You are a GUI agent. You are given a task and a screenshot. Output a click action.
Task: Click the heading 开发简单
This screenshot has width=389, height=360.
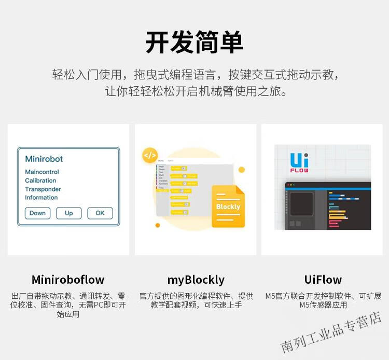[x=195, y=43]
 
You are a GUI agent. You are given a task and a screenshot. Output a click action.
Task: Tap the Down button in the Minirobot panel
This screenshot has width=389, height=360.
[x=37, y=213]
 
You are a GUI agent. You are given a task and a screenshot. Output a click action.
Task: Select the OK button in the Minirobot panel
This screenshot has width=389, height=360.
[x=100, y=213]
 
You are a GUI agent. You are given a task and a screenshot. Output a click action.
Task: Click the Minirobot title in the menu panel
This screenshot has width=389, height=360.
[x=44, y=159]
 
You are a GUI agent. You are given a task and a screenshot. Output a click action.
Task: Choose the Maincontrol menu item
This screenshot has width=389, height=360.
[x=42, y=172]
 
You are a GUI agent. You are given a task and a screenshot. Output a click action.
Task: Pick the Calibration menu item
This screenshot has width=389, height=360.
[x=40, y=181]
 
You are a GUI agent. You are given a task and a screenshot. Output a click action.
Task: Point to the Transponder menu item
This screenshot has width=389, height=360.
[x=43, y=189]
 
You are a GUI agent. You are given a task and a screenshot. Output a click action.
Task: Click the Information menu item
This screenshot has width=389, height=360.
[x=41, y=198]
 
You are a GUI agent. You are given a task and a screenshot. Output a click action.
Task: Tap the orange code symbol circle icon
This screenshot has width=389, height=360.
[x=150, y=155]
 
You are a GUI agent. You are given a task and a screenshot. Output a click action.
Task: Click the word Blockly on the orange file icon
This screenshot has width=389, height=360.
[x=228, y=207]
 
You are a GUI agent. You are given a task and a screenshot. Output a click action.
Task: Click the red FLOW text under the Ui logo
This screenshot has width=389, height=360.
[x=299, y=170]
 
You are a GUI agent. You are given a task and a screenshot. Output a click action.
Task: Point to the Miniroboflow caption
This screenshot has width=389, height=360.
[x=68, y=280]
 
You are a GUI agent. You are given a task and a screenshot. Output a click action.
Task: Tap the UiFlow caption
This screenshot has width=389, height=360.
[x=323, y=280]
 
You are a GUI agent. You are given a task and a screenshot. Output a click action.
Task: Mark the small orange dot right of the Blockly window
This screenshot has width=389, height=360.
[x=241, y=170]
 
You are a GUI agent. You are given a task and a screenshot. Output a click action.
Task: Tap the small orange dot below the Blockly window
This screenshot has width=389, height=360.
[x=158, y=225]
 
